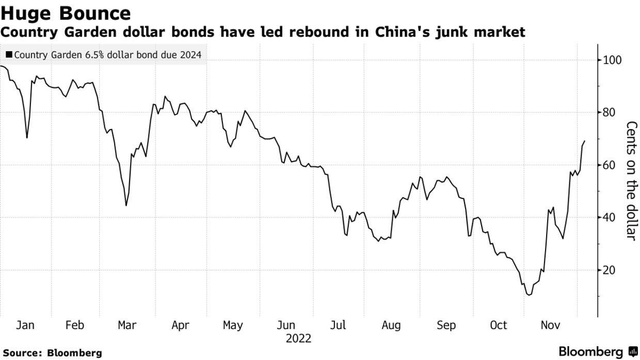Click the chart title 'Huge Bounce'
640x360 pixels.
(66, 12)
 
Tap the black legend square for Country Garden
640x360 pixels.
(9, 54)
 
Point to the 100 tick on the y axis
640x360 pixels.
(612, 60)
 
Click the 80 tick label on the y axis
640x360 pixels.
(609, 113)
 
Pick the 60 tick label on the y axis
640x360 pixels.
(609, 165)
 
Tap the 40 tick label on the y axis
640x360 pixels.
(609, 217)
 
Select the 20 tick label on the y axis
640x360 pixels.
(609, 270)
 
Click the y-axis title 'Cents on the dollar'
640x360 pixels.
(631, 180)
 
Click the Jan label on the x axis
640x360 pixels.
(25, 325)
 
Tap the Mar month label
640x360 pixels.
(127, 325)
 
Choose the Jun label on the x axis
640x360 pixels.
(285, 325)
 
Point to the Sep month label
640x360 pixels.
(446, 325)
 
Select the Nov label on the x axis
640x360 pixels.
(550, 325)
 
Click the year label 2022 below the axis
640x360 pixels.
(298, 339)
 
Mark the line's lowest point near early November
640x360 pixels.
(529, 295)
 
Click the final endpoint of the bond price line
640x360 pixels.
(585, 141)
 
